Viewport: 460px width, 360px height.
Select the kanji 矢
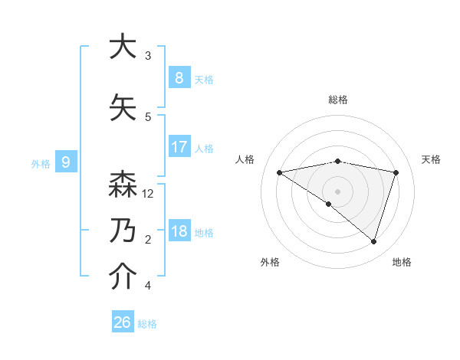[x=122, y=107]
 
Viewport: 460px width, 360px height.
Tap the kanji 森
[x=122, y=185]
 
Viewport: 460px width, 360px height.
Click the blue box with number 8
[x=179, y=77]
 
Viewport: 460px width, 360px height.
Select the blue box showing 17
[x=179, y=146]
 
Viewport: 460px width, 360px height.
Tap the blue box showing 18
[x=179, y=231]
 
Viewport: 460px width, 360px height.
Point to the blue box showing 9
[x=66, y=162]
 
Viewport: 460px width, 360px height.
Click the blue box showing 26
[x=122, y=322]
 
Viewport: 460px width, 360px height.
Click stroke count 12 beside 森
[x=148, y=194]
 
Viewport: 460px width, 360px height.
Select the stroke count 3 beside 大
[x=148, y=56]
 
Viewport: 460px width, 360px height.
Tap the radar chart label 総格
[x=337, y=100]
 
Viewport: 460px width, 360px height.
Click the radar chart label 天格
[x=431, y=159]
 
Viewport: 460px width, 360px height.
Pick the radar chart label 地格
[x=402, y=262]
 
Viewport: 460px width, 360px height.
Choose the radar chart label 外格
[x=270, y=262]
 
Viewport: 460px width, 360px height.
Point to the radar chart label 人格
[x=245, y=159]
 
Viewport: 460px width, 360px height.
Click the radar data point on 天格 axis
[x=396, y=172]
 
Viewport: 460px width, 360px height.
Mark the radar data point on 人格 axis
[x=280, y=172]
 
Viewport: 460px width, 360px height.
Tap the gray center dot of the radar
[x=337, y=191]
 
